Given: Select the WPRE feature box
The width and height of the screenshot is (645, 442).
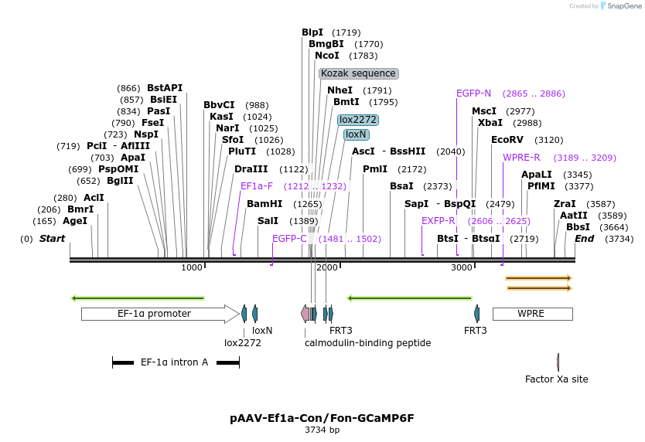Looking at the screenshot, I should tap(532, 314).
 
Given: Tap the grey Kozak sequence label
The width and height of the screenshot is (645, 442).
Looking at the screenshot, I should tap(358, 73).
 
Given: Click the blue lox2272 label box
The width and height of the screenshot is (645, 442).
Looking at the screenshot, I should tap(358, 120).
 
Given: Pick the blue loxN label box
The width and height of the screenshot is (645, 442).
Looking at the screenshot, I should tap(356, 134).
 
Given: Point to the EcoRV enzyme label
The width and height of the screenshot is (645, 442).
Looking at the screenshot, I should tap(507, 140).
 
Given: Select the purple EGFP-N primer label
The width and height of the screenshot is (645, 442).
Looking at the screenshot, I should tap(473, 93).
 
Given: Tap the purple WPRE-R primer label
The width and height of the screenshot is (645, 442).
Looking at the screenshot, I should tap(521, 158).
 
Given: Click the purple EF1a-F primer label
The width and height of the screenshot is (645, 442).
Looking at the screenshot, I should tap(257, 186).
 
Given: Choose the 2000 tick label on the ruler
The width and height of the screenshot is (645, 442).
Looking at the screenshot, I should tap(327, 267).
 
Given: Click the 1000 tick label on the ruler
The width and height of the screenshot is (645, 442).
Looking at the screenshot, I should tap(192, 267).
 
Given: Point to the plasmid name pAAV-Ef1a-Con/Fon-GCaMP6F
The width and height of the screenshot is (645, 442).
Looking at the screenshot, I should tap(322, 418).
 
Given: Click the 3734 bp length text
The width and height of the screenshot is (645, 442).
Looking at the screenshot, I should tap(322, 430).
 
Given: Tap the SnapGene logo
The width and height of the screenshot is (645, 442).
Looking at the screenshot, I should tap(622, 6).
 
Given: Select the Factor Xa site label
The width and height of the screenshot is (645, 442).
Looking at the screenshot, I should tap(556, 379).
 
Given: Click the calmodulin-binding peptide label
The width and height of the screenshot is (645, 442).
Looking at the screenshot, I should tap(367, 342).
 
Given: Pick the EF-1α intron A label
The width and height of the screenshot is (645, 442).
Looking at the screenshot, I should tap(174, 362).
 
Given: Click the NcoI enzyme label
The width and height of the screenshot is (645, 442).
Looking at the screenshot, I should tap(327, 56).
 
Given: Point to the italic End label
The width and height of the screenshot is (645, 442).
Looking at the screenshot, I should tap(584, 238).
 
